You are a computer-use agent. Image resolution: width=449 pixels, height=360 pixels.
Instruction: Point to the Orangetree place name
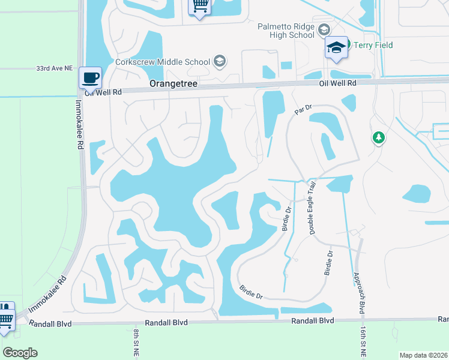click(x=173, y=85)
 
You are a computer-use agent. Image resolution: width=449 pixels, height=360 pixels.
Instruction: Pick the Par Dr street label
click(x=304, y=110)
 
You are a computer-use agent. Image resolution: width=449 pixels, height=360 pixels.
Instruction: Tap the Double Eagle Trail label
click(x=312, y=209)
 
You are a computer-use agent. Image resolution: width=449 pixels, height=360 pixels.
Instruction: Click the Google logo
click(x=20, y=353)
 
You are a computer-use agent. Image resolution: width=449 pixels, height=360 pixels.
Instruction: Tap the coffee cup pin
click(x=90, y=77)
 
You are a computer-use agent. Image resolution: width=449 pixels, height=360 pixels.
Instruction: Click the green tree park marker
click(x=378, y=138)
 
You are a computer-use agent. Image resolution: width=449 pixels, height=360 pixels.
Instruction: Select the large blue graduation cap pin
click(x=336, y=47)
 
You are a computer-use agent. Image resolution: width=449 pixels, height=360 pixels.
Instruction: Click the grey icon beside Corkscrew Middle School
click(x=219, y=61)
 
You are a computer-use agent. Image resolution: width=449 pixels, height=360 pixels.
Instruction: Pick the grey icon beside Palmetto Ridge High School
click(x=324, y=30)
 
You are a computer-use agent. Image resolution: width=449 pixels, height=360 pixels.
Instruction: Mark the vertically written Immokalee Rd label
click(x=79, y=125)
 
